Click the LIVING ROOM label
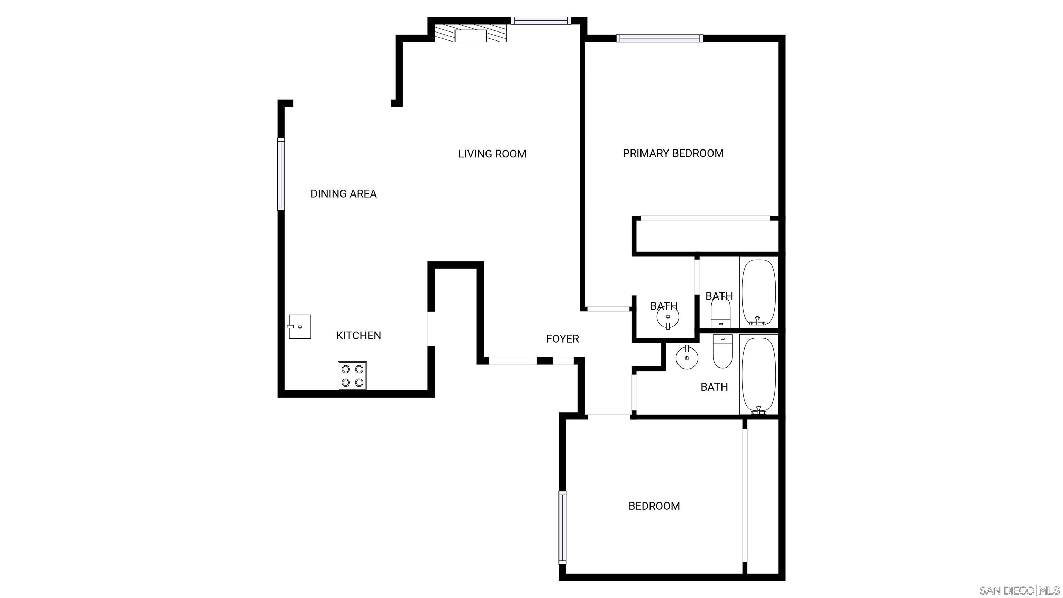pyautogui.click(x=492, y=154)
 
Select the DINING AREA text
pyautogui.click(x=343, y=193)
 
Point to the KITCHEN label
pyautogui.click(x=358, y=336)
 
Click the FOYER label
pyautogui.click(x=562, y=339)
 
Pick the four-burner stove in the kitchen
pyautogui.click(x=352, y=375)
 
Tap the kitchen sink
pyautogui.click(x=299, y=327)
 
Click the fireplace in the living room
pyautogui.click(x=471, y=35)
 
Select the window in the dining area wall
pyautogui.click(x=281, y=174)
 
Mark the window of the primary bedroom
pyautogui.click(x=660, y=38)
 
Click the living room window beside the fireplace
pyautogui.click(x=540, y=20)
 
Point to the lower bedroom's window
pyautogui.click(x=562, y=527)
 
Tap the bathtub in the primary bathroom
pyautogui.click(x=759, y=292)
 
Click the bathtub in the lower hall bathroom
pyautogui.click(x=759, y=375)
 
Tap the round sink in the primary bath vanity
pyautogui.click(x=668, y=317)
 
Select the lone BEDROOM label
pyautogui.click(x=654, y=506)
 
